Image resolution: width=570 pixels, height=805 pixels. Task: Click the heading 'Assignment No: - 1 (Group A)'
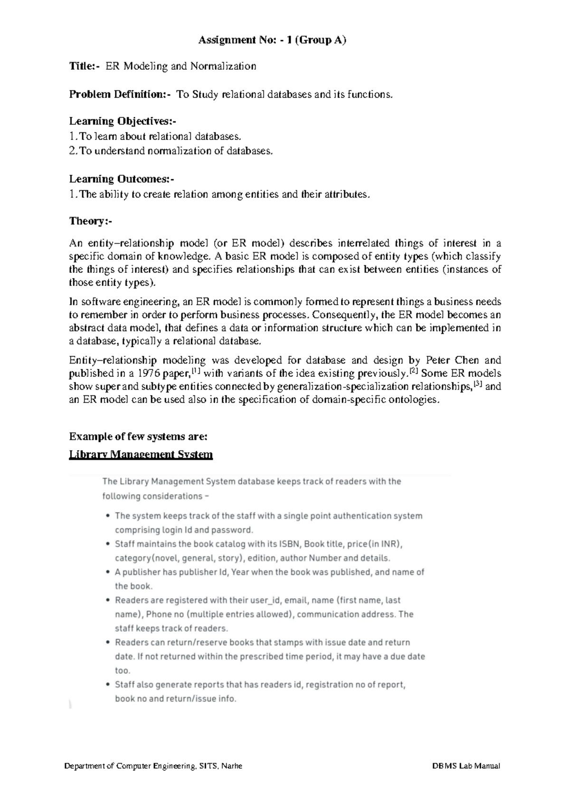272,40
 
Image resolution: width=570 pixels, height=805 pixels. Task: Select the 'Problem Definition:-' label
120,94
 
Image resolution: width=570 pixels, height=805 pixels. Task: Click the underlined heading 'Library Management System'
141,455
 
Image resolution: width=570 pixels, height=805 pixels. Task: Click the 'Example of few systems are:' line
138,437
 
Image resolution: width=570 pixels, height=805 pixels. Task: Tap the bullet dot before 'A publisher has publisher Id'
108,572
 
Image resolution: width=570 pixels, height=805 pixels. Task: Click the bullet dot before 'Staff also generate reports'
108,685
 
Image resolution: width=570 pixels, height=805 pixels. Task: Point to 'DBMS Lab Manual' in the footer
466,766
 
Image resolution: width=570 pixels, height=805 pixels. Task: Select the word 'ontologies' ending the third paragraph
412,400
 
